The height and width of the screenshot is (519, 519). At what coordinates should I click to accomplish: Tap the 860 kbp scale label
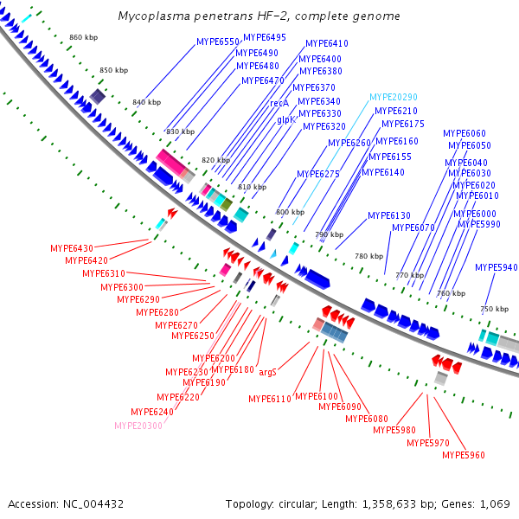[83, 37]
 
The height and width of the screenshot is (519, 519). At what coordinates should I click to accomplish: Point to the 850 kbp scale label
[113, 70]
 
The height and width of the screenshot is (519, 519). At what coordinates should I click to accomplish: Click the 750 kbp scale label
[495, 309]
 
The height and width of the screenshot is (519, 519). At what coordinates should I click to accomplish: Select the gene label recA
[279, 103]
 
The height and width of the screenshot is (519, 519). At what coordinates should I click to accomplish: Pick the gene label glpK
[286, 119]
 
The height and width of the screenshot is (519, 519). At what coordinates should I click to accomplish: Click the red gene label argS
[267, 372]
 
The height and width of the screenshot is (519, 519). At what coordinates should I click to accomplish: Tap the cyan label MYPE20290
[394, 97]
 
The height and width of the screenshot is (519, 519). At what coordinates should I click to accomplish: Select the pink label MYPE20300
[138, 426]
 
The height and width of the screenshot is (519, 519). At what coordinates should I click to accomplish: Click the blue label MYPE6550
[218, 42]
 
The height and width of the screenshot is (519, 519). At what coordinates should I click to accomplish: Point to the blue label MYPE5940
[497, 267]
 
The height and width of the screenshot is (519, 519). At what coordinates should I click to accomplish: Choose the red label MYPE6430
[72, 248]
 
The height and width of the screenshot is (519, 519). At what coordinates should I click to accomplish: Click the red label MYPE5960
[464, 455]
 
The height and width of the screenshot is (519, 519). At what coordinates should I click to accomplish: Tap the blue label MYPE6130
[389, 215]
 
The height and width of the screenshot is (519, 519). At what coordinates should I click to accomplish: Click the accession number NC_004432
[93, 504]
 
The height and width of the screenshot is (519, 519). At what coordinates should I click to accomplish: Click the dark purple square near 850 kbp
[98, 97]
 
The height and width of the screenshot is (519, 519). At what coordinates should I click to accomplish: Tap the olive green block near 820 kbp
[227, 204]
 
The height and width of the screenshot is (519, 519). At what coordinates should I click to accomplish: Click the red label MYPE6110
[270, 399]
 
